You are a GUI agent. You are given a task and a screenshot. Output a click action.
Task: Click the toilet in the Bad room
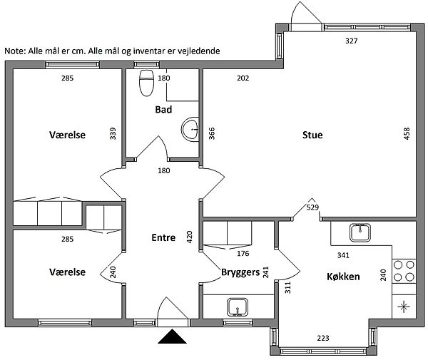pyautogui.click(x=146, y=83)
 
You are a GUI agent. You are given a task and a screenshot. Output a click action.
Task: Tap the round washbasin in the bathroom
pyautogui.click(x=190, y=129)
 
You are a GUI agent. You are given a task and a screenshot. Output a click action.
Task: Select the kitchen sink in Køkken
pyautogui.click(x=360, y=232)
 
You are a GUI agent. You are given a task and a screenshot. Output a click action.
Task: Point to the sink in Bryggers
pyautogui.click(x=238, y=307)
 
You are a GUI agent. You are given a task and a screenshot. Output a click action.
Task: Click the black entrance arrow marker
pyautogui.click(x=172, y=336)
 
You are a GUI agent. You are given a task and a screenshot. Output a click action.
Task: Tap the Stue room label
pyautogui.click(x=312, y=135)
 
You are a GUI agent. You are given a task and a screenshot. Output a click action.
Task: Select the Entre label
pyautogui.click(x=163, y=237)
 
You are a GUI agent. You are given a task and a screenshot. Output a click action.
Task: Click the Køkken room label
pyautogui.click(x=343, y=277)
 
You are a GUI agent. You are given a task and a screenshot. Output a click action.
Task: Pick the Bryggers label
pyautogui.click(x=240, y=272)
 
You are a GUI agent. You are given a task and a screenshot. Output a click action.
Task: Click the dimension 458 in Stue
pyautogui.click(x=407, y=133)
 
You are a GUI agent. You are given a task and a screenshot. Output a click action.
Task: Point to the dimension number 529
pyautogui.click(x=312, y=207)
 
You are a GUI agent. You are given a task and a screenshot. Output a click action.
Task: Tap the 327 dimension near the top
pyautogui.click(x=351, y=41)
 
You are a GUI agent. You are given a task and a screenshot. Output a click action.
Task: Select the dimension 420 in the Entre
pyautogui.click(x=190, y=237)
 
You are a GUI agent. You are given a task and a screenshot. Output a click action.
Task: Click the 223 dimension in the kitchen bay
pyautogui.click(x=323, y=338)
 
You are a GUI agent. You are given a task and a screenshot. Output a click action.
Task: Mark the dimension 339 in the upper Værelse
pyautogui.click(x=113, y=133)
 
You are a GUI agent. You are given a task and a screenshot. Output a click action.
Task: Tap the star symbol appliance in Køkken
pyautogui.click(x=404, y=307)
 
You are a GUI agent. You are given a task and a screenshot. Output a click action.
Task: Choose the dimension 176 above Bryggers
pyautogui.click(x=243, y=254)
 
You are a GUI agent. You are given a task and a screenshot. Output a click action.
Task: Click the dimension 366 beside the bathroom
pyautogui.click(x=212, y=133)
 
